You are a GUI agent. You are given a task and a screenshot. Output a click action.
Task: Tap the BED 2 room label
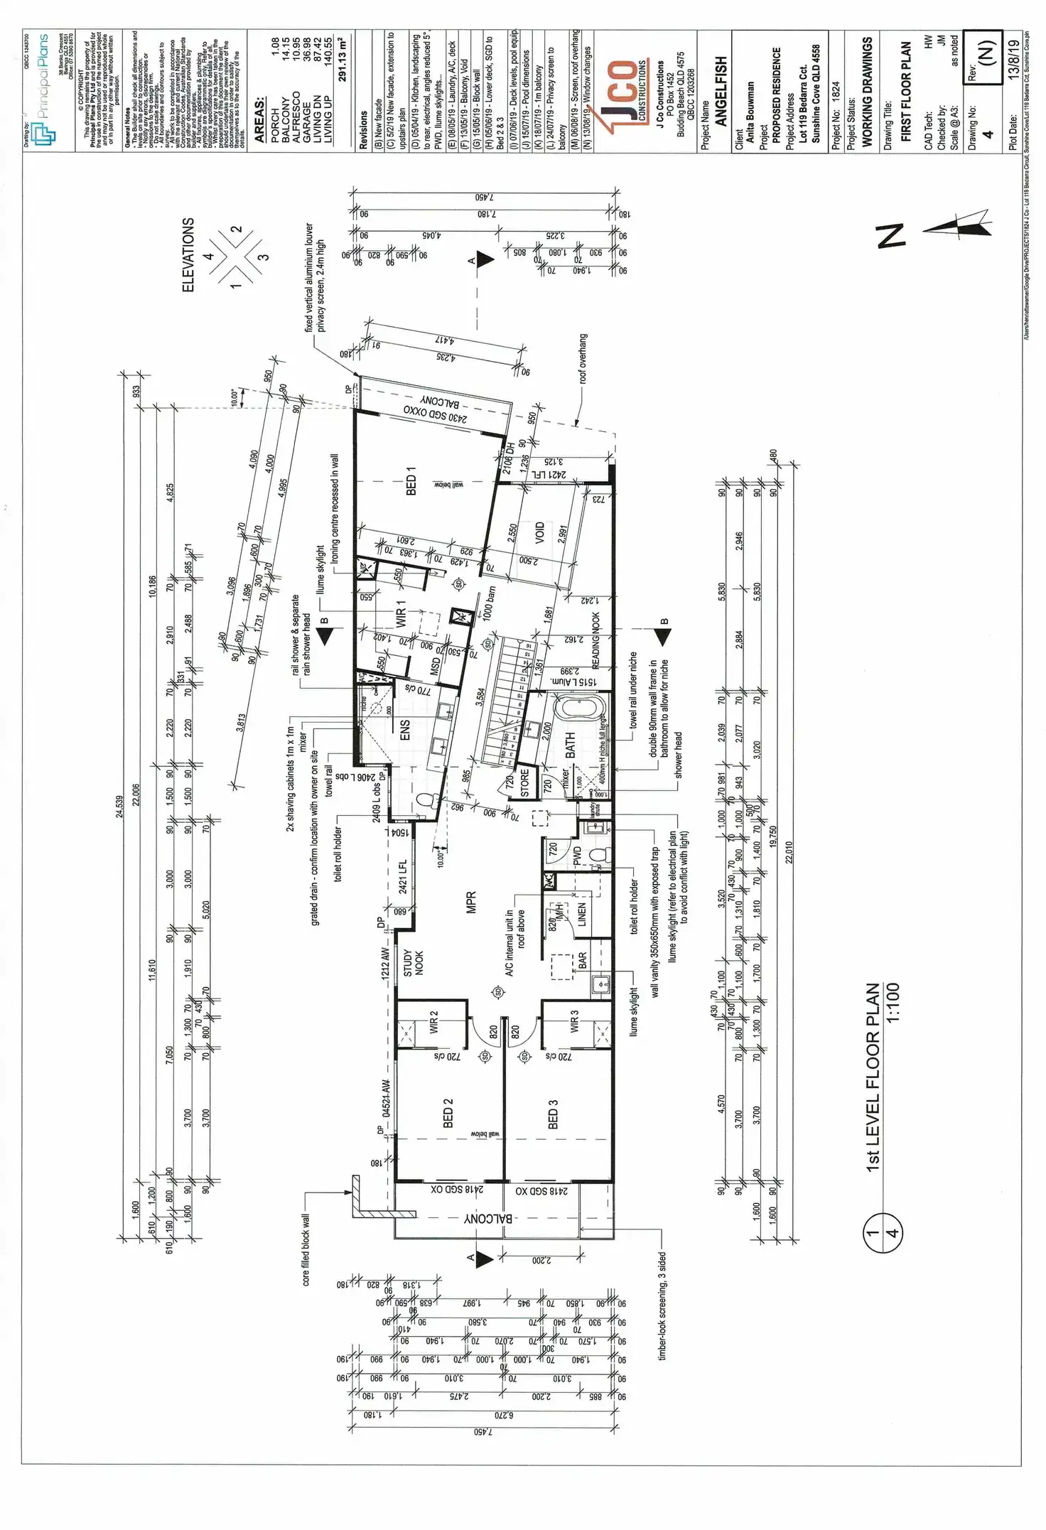pyautogui.click(x=448, y=1113)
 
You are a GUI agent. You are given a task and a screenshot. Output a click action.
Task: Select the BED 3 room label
pyautogui.click(x=553, y=1114)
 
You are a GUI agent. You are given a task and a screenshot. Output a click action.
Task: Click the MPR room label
pyautogui.click(x=470, y=902)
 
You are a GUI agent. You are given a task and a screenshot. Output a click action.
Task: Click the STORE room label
pyautogui.click(x=524, y=782)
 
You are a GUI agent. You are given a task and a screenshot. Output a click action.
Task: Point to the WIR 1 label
pyautogui.click(x=400, y=613)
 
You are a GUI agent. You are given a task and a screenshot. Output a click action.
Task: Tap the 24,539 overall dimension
pyautogui.click(x=119, y=806)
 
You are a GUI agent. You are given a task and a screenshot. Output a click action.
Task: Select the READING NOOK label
pyautogui.click(x=595, y=640)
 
